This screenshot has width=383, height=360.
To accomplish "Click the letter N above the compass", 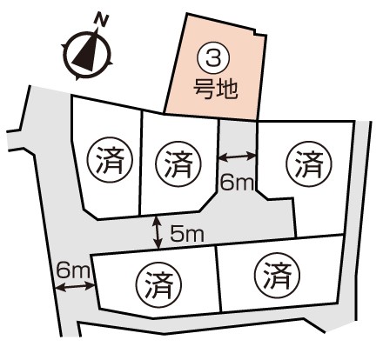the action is click(x=102, y=20).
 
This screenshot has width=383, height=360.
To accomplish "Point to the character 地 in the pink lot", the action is click(x=227, y=89).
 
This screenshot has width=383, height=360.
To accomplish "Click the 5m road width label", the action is click(x=187, y=234).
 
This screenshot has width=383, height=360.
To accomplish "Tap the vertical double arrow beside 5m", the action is click(x=158, y=233).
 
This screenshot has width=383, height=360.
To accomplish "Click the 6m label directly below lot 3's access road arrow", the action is click(x=237, y=183).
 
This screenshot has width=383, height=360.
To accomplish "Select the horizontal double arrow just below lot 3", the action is click(x=237, y=157).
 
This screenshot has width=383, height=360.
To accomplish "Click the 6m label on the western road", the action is click(x=73, y=270).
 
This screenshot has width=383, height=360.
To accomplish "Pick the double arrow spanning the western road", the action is click(x=75, y=287).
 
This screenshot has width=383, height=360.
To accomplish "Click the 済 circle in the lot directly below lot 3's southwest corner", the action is click(x=178, y=164).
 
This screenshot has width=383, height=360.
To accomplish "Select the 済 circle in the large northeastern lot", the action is click(x=309, y=164).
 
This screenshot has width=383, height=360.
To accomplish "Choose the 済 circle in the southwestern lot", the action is click(x=159, y=285).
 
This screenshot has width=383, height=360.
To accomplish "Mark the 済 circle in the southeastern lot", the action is click(x=277, y=276).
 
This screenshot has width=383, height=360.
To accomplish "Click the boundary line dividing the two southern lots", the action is click(x=218, y=279).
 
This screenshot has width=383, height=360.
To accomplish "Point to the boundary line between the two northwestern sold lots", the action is click(x=141, y=163).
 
